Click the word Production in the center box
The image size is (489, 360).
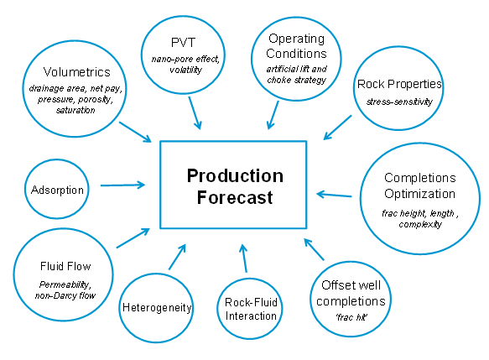click(x=235, y=175)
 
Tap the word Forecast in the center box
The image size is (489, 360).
click(x=235, y=197)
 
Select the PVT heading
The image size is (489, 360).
click(x=183, y=43)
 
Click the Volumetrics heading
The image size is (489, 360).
click(x=76, y=72)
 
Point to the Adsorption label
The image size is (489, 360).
click(x=57, y=190)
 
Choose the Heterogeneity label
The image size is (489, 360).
click(x=157, y=308)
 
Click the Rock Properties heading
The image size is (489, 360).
click(x=399, y=84)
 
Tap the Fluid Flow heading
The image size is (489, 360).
click(x=65, y=266)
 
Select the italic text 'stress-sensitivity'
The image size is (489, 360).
click(x=399, y=102)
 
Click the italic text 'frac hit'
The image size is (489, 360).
click(x=351, y=317)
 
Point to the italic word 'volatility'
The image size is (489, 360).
click(x=185, y=70)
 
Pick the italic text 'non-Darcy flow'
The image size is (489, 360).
click(x=65, y=295)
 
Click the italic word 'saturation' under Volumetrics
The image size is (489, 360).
click(x=75, y=110)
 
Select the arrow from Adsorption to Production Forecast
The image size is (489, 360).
click(x=122, y=185)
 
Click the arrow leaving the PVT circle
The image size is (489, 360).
click(x=195, y=113)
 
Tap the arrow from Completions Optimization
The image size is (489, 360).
click(x=334, y=195)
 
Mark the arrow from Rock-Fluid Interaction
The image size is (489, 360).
click(x=244, y=258)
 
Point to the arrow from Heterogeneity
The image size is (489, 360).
click(x=178, y=257)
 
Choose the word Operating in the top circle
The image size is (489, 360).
click(x=296, y=39)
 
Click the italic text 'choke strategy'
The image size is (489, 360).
click(x=297, y=81)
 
